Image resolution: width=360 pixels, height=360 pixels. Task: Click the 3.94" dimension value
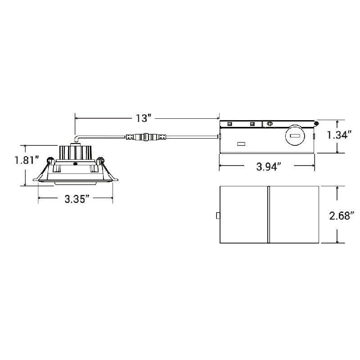269,166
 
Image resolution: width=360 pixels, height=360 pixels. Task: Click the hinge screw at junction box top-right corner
317,123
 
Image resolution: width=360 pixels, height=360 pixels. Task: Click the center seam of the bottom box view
268,215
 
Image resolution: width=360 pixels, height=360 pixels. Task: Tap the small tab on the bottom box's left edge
218,216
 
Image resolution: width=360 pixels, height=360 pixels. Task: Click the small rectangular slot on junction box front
241,144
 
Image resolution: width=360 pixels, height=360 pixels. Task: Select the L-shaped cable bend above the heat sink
77,138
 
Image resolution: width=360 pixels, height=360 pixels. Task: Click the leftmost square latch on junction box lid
230,124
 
